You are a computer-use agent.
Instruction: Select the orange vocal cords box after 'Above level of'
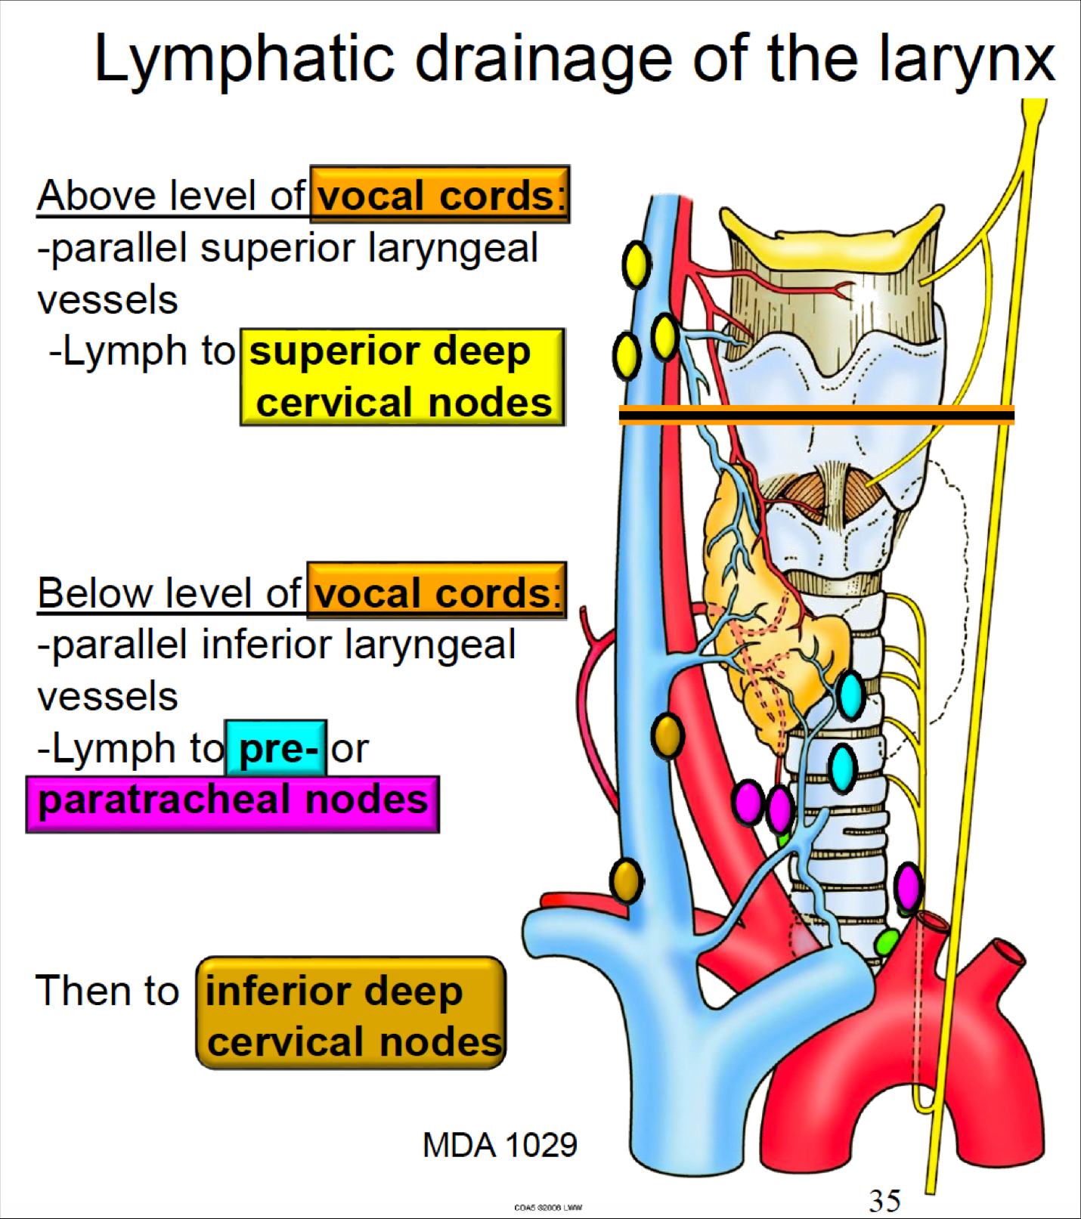[439, 195]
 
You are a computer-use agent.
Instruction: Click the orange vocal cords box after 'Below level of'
[436, 592]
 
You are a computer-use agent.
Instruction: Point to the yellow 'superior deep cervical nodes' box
[402, 376]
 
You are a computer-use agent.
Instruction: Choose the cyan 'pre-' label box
[277, 748]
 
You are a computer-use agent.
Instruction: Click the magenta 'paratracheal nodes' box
[233, 803]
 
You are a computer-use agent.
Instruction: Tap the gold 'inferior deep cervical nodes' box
[351, 1013]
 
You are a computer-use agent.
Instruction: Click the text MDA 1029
[500, 1145]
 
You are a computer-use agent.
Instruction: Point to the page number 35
[884, 1200]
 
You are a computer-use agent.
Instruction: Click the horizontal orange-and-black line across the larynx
[816, 414]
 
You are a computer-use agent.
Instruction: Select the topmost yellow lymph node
[637, 265]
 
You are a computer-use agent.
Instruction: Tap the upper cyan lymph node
[851, 695]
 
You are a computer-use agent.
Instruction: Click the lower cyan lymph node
[842, 768]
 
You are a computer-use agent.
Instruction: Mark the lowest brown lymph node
[626, 880]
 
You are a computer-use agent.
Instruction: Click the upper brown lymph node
[667, 735]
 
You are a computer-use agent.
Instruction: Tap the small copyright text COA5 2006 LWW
[548, 1207]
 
